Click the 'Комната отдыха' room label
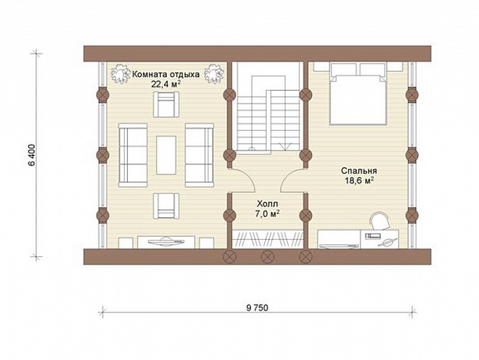point(166,74)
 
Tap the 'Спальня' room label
point(359,171)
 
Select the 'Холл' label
point(267,203)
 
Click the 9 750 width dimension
point(257,308)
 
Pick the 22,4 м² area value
point(166,84)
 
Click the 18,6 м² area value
point(360,181)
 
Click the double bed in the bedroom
point(357,94)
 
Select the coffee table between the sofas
point(166,155)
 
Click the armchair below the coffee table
point(166,206)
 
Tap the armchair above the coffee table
point(166,104)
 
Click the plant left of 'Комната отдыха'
point(121,73)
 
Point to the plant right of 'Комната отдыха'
point(215,73)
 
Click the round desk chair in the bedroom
point(380,221)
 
